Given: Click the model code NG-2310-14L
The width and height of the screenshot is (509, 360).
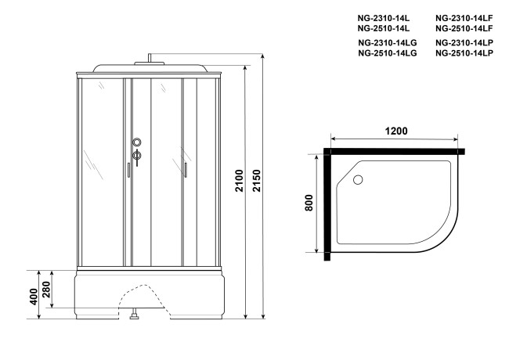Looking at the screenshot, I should pyautogui.click(x=384, y=16).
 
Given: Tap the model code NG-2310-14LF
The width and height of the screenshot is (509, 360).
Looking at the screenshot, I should pyautogui.click(x=463, y=16).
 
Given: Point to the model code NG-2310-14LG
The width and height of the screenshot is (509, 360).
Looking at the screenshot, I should pyautogui.click(x=387, y=42).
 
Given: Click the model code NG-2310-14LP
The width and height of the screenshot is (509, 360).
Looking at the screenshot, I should pyautogui.click(x=463, y=42).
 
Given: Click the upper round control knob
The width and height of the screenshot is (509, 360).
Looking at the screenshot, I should pyautogui.click(x=137, y=142).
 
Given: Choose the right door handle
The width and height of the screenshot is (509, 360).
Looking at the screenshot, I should pyautogui.click(x=186, y=171).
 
